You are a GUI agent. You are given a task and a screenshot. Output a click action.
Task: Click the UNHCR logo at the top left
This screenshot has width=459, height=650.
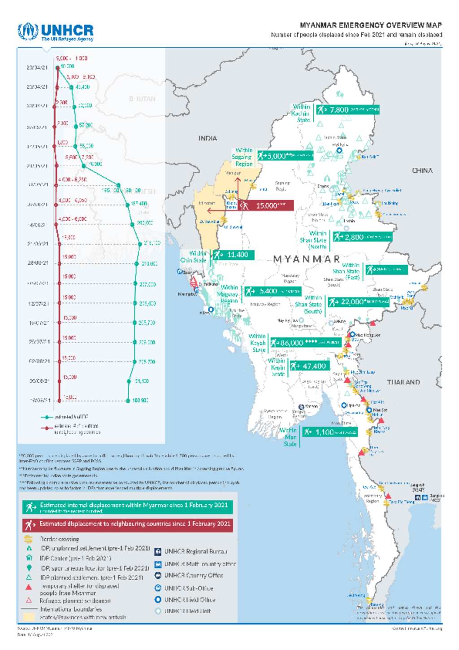pyautogui.click(x=56, y=32)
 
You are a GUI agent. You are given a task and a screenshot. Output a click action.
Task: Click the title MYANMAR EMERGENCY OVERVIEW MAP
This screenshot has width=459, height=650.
pyautogui.click(x=370, y=26)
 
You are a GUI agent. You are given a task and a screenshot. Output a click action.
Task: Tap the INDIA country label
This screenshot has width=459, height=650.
pyautogui.click(x=208, y=139)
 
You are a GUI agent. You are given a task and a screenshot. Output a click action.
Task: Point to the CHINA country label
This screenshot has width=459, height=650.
pyautogui.click(x=422, y=171)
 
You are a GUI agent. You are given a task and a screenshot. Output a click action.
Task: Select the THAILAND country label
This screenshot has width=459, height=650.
pyautogui.click(x=403, y=382)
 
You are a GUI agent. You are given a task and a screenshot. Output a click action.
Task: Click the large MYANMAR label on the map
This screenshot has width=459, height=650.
pyautogui.click(x=307, y=259)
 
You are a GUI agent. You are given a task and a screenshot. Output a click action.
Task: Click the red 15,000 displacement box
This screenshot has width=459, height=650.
pyautogui.click(x=266, y=205)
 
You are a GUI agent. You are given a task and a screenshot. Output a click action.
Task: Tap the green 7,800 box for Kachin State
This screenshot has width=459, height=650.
pyautogui.click(x=347, y=109)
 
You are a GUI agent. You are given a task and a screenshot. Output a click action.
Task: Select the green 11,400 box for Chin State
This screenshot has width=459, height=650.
pyautogui.click(x=234, y=255)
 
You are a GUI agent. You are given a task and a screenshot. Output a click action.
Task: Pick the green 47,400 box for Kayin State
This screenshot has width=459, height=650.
pyautogui.click(x=310, y=366)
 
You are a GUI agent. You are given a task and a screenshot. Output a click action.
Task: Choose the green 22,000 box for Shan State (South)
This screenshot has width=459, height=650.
pyautogui.click(x=358, y=302)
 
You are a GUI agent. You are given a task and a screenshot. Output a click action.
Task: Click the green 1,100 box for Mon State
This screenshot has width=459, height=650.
pyautogui.click(x=330, y=432)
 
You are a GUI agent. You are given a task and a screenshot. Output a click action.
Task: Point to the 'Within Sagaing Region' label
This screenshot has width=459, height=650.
pyautogui.click(x=242, y=157)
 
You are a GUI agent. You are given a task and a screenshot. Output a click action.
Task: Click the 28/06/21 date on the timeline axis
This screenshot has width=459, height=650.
pyautogui.click(x=38, y=263)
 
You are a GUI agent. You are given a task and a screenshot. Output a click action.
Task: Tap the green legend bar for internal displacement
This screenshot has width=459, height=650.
pyautogui.click(x=128, y=507)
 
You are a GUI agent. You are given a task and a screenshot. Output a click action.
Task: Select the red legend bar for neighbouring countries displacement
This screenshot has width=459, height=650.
pyautogui.click(x=128, y=524)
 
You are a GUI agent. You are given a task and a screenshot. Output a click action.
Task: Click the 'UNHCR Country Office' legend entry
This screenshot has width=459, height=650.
pyautogui.click(x=193, y=576)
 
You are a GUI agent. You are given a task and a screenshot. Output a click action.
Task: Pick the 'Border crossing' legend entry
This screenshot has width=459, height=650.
pyautogui.click(x=59, y=539)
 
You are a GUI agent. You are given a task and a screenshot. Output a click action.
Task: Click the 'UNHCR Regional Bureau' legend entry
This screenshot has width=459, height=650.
pyautogui.click(x=195, y=551)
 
